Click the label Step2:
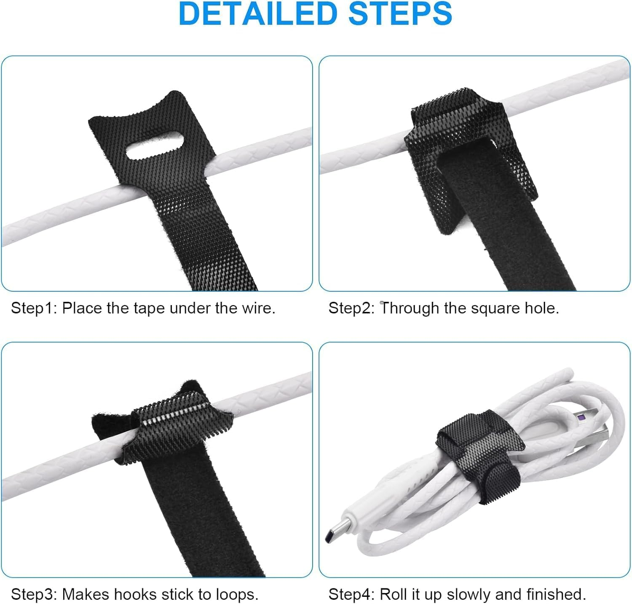(x=351, y=308)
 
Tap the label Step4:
(x=351, y=595)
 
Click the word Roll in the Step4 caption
(x=393, y=595)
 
